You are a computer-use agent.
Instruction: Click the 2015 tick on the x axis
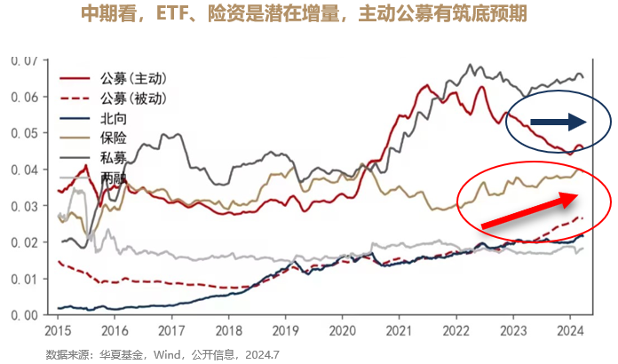[x=58, y=328]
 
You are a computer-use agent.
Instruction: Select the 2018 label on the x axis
[x=227, y=328]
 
